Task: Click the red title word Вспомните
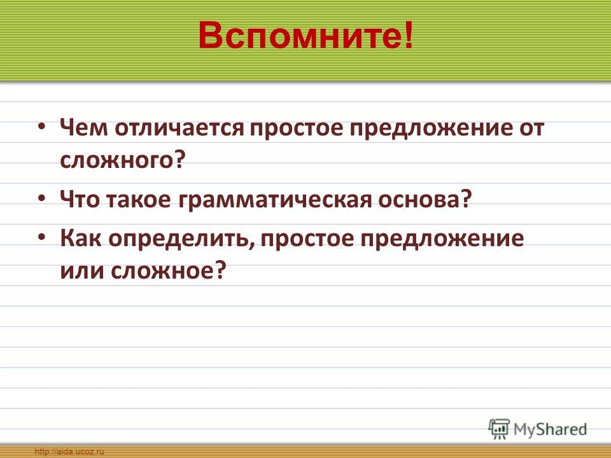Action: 300,36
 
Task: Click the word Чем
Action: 83,128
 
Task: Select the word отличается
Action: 179,128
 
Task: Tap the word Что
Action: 80,199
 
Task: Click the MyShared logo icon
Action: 499,429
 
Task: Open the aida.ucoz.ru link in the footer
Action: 69,452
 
